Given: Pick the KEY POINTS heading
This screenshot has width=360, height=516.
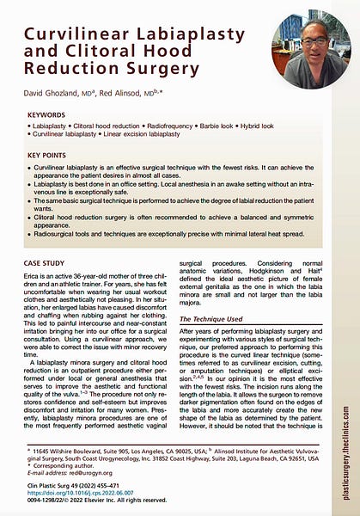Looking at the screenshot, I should tap(51, 155).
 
